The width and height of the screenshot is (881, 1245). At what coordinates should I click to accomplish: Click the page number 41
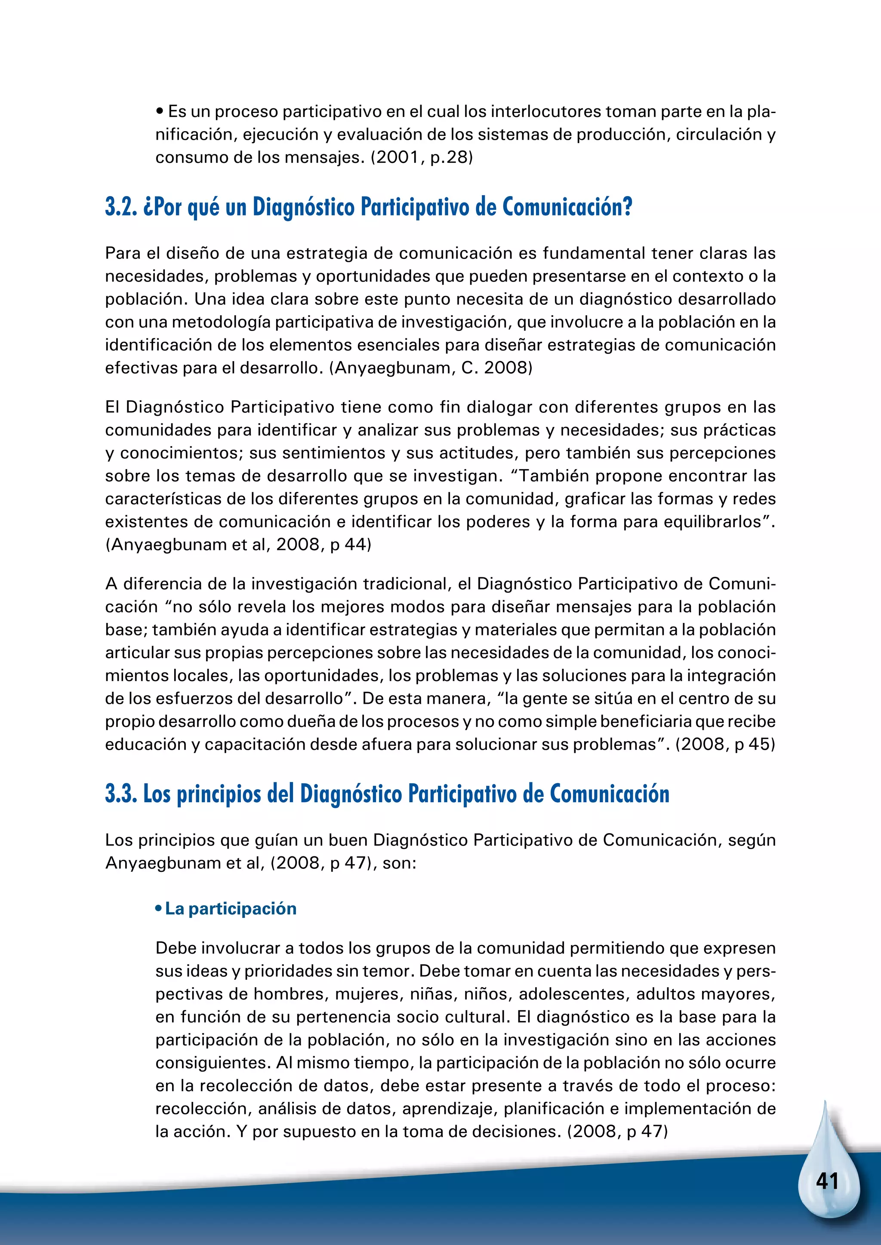click(x=827, y=1181)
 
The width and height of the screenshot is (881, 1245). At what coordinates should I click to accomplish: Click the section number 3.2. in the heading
click(x=121, y=207)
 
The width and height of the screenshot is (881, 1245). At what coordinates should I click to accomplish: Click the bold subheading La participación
click(x=231, y=908)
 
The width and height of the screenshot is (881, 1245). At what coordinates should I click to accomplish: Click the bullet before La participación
click(x=158, y=909)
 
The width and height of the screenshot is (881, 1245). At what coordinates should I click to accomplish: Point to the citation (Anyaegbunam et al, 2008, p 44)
click(x=238, y=544)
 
